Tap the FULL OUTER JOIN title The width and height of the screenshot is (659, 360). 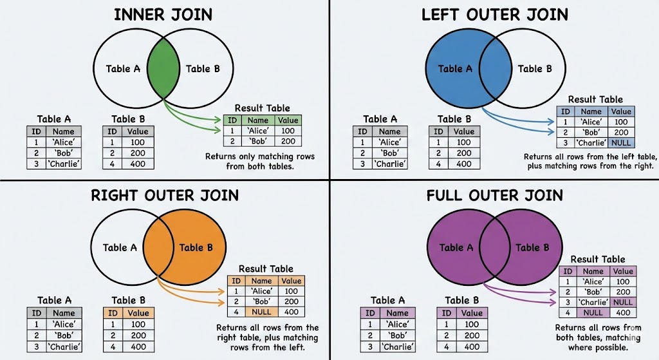494,194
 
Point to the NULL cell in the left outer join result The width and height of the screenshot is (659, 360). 621,143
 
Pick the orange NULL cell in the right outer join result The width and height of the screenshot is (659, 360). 262,313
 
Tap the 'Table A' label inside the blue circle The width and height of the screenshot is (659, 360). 456,69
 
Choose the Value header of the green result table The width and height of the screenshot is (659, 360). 288,120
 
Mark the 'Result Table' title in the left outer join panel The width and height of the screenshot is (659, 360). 596,100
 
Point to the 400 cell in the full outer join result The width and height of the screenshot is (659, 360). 622,313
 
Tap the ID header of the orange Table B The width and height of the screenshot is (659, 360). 113,314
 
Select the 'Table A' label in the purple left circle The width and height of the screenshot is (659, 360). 456,247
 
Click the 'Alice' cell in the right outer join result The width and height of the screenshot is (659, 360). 262,291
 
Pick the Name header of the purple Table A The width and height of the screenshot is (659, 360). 398,313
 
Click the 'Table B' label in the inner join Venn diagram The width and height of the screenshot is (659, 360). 203,69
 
